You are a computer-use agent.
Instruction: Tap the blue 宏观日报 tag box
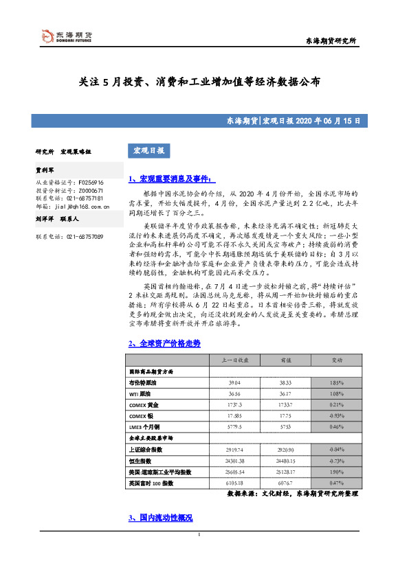click(147, 150)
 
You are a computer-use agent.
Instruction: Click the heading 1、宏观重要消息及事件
click(172, 179)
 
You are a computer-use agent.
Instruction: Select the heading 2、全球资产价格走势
click(164, 343)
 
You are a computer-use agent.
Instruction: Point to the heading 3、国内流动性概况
click(160, 517)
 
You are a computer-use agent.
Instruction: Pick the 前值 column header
click(286, 360)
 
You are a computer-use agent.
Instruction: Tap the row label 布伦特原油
click(143, 383)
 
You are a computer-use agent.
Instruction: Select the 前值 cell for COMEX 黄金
click(286, 405)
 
